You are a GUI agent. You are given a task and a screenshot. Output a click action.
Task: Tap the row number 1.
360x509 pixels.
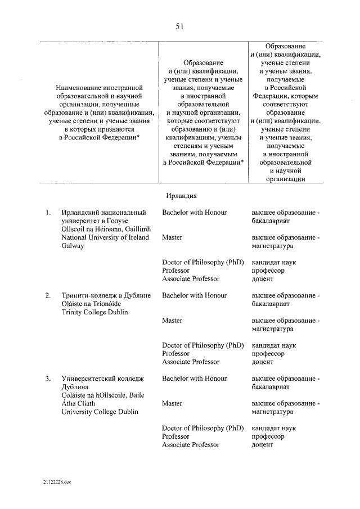pos(49,213)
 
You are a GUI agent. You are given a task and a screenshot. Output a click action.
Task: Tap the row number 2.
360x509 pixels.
pos(49,295)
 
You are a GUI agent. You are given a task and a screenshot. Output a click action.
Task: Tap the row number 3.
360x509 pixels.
pos(49,379)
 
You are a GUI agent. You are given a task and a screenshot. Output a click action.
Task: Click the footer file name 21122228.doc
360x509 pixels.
pos(56,483)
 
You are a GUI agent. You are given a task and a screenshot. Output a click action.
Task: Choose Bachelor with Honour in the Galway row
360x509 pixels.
pos(194,213)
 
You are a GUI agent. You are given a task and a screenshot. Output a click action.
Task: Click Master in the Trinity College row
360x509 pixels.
pos(172,321)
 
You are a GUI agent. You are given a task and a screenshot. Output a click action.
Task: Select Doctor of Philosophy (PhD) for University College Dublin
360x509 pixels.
pos(201,428)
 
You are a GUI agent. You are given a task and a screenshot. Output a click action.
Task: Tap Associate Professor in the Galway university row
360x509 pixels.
pos(191,279)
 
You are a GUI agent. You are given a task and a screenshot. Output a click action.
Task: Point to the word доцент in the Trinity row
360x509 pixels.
pos(263,362)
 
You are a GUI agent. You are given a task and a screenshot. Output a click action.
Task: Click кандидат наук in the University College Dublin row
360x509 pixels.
pos(274,428)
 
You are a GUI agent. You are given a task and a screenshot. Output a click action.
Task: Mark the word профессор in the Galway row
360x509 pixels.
pos(268,271)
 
